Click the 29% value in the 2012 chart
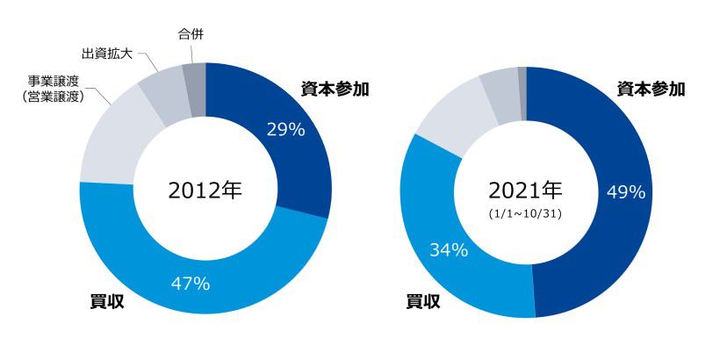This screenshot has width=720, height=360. click(x=285, y=130)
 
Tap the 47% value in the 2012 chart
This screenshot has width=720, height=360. click(x=191, y=284)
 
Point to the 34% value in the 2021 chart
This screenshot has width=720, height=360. click(x=448, y=249)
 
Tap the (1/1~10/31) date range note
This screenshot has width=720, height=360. click(x=525, y=213)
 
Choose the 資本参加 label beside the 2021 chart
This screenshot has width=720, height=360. click(x=651, y=89)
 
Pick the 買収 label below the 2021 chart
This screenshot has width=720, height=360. click(x=423, y=301)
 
